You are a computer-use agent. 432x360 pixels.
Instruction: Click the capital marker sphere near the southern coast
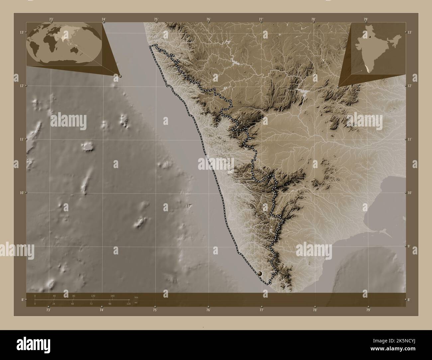tap(260, 273)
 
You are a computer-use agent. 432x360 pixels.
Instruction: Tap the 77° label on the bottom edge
tap(262, 310)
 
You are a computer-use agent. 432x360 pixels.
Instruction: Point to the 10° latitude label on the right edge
tap(410, 193)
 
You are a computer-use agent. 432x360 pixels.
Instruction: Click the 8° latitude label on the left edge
tap(22, 300)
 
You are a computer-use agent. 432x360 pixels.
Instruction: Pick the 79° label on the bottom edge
tap(368, 310)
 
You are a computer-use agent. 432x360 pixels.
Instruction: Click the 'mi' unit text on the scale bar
tap(136, 303)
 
